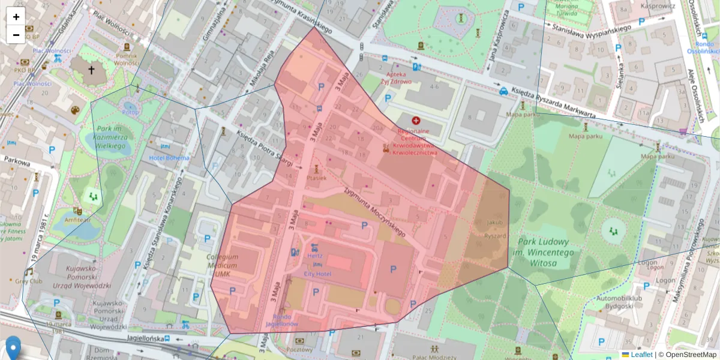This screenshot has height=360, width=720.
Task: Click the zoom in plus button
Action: (16, 17)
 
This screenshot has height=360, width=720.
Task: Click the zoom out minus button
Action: (16, 35)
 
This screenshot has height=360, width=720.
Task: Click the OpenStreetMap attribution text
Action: (690, 355)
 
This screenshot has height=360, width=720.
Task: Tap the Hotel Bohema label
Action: (169, 158)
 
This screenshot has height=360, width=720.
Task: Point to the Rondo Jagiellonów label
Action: (286, 320)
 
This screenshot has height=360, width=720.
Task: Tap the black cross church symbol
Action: (91, 70)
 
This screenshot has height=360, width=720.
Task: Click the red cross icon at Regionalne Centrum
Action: (416, 121)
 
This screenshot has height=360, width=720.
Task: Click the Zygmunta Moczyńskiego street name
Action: (374, 211)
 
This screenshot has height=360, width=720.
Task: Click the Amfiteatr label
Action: (77, 220)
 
